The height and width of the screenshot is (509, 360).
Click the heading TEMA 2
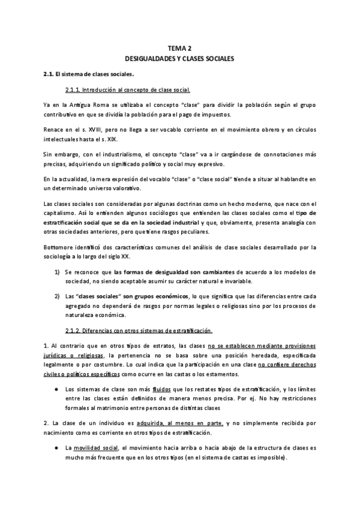[x=179, y=49]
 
